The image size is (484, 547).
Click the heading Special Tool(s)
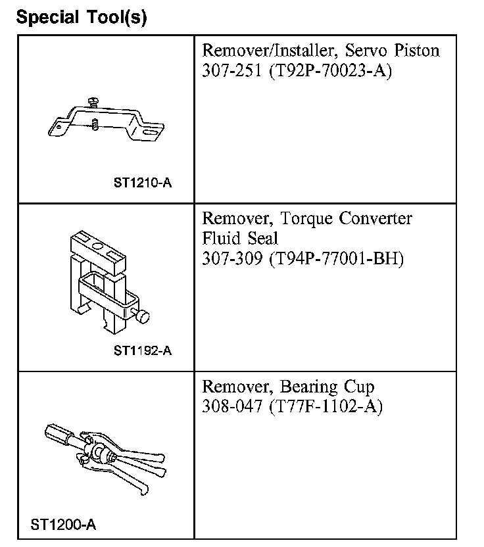[81, 17]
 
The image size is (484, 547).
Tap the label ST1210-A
[143, 183]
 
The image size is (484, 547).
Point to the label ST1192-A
[143, 350]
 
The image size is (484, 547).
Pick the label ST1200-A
[63, 525]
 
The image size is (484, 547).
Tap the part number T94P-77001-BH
[337, 258]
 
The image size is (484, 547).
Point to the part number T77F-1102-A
[326, 406]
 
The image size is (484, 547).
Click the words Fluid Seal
[240, 238]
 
